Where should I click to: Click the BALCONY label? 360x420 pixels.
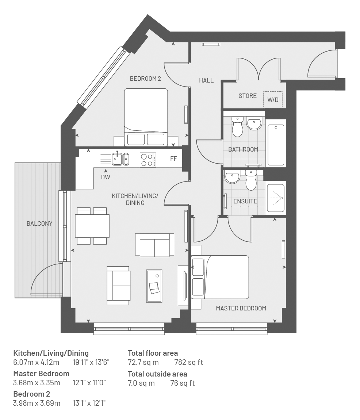coord(39,224)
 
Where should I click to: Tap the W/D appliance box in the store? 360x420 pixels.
coord(273,100)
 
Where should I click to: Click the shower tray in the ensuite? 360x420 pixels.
coord(276,198)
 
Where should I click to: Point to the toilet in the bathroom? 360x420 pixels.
coord(238,126)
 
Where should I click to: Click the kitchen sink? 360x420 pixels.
coord(120,159)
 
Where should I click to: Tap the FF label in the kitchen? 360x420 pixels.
coord(173,159)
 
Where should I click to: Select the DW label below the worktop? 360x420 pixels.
coord(106,177)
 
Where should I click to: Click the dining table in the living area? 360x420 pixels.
coord(92,226)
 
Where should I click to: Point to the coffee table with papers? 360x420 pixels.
coord(154,286)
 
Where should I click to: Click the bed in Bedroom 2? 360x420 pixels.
coord(146,117)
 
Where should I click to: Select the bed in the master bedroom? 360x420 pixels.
coord(220,277)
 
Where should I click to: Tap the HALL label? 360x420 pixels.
coord(206,80)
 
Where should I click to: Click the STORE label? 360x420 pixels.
coord(248,96)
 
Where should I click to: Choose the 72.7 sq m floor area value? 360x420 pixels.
coord(143,362)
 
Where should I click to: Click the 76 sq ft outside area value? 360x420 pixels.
coord(183,383)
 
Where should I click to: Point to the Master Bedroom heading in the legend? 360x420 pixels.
coord(41,373)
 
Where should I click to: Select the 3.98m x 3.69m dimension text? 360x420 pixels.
coord(37,403)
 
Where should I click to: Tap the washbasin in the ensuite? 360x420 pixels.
coord(232,177)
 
